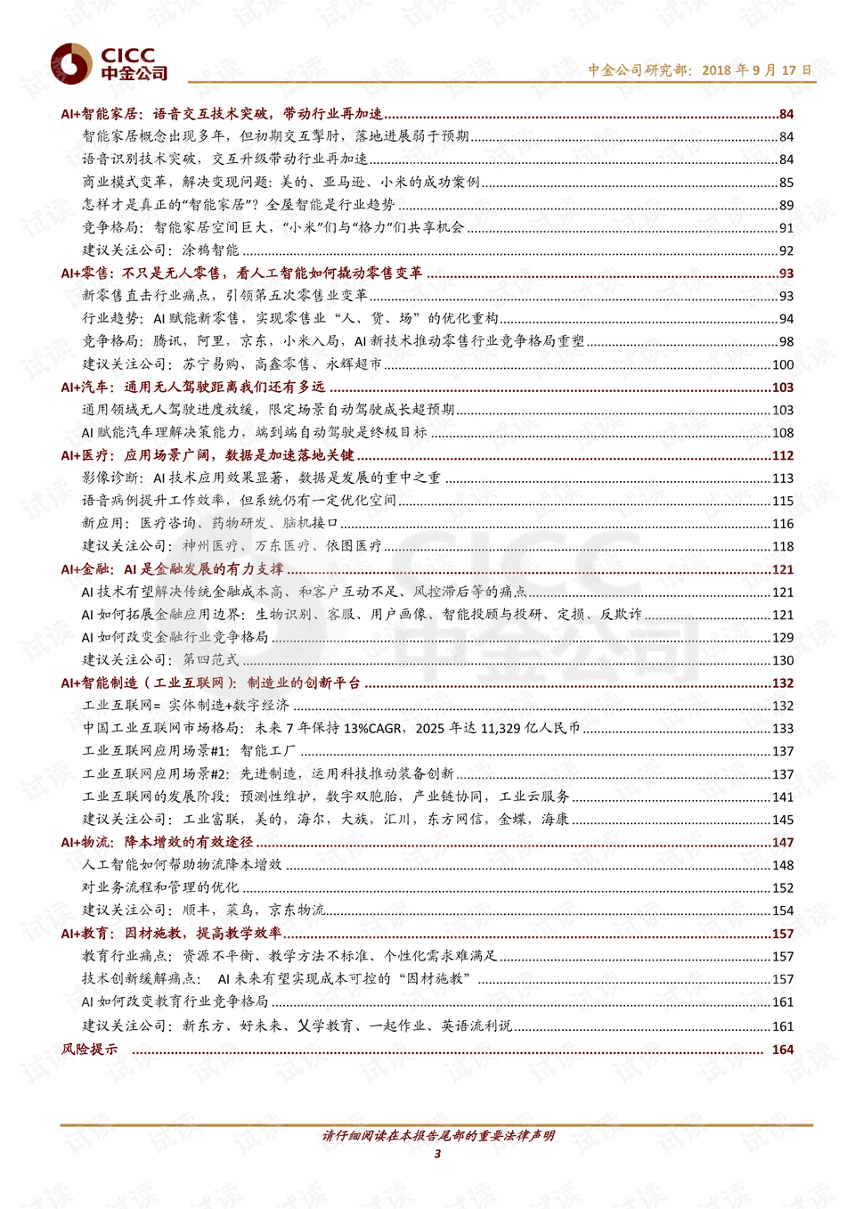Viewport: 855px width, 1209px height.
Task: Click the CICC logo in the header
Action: [109, 64]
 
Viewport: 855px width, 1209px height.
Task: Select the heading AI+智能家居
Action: [222, 114]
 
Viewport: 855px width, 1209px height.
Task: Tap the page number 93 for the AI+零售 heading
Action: [786, 274]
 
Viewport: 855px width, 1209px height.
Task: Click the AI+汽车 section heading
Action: [192, 388]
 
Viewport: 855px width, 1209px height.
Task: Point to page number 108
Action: [783, 433]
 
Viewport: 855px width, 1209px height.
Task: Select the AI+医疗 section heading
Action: [207, 455]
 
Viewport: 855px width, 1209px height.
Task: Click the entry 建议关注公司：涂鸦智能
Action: [160, 250]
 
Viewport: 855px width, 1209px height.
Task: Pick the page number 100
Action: [783, 364]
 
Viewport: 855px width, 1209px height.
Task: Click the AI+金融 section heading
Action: [172, 569]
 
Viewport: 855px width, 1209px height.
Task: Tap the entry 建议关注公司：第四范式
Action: [160, 660]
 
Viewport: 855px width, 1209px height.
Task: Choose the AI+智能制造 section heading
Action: [210, 683]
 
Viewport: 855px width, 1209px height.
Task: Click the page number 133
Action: [783, 729]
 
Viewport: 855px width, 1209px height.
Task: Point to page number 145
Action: [783, 820]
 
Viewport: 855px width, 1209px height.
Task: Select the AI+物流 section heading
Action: [157, 843]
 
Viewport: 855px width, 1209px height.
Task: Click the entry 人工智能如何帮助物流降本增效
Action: [182, 865]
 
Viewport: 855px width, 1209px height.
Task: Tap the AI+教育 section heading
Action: [171, 934]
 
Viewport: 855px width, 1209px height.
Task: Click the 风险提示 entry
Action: [89, 1050]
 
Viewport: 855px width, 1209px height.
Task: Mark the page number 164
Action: [783, 1050]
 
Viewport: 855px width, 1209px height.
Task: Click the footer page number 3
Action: [437, 1154]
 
